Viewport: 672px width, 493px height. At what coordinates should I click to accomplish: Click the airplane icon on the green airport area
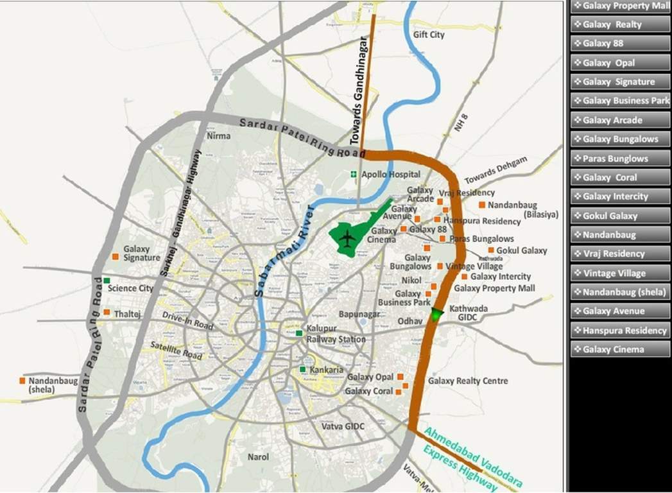347,239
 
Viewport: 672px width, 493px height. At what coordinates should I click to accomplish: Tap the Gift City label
429,35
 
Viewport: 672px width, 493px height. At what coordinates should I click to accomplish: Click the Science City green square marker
107,281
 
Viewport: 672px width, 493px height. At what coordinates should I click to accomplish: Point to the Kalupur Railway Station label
336,334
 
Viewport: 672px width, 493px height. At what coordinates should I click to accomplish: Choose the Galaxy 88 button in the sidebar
620,44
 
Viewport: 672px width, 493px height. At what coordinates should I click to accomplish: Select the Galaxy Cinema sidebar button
620,349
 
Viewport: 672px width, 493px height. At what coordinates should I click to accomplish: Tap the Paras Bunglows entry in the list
620,159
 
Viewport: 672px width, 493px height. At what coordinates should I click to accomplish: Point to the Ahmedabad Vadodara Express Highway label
472,460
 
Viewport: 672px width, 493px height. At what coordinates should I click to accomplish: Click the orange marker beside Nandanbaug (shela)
22,381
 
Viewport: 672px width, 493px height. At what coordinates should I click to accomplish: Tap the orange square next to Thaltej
107,312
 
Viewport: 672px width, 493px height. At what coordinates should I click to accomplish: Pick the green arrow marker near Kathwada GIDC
436,314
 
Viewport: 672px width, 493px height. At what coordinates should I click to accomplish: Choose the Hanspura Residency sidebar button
620,330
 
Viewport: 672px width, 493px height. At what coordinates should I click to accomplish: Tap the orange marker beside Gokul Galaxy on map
491,250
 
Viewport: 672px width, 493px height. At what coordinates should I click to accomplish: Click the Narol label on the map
259,457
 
